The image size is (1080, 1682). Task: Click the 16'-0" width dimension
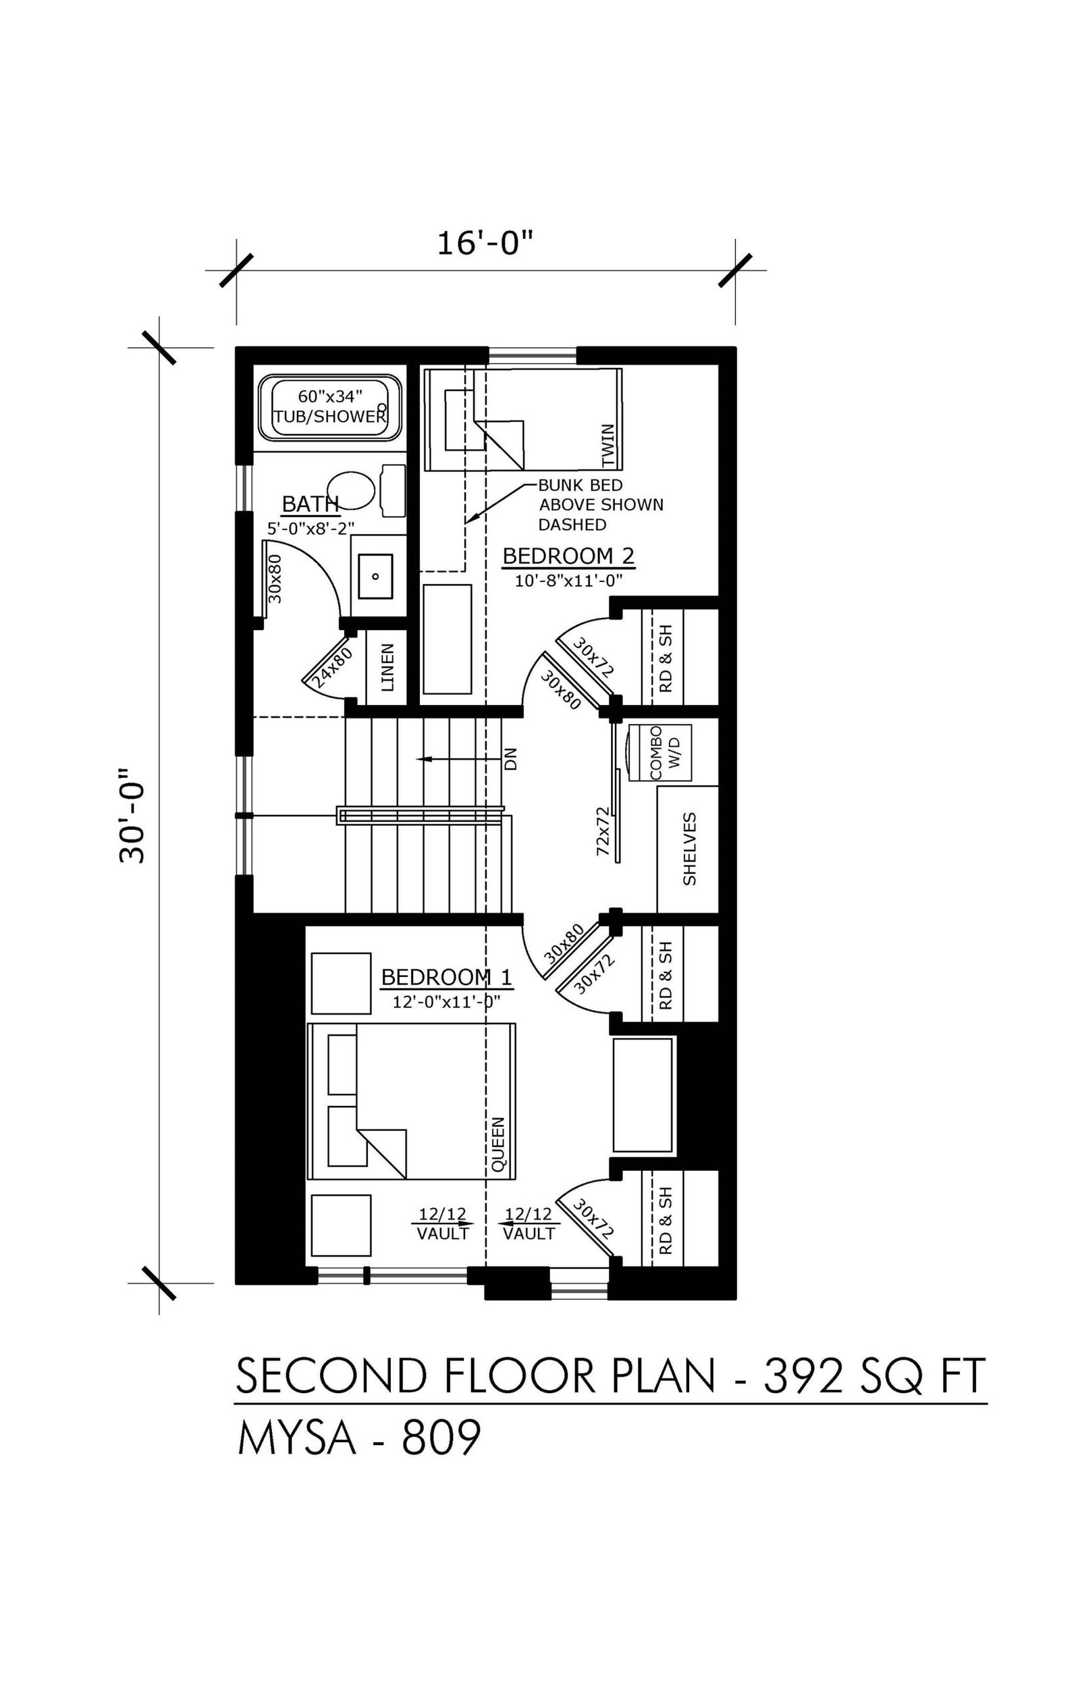point(485,243)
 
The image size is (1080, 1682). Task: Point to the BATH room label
point(310,504)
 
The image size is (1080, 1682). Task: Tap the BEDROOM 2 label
point(568,556)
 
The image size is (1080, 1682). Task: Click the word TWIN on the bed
point(608,446)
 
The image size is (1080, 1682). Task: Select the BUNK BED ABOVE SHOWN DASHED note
point(600,504)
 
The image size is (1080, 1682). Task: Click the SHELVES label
point(689,849)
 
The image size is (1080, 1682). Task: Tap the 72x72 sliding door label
point(601,831)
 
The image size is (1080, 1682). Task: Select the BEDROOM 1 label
point(446,977)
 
